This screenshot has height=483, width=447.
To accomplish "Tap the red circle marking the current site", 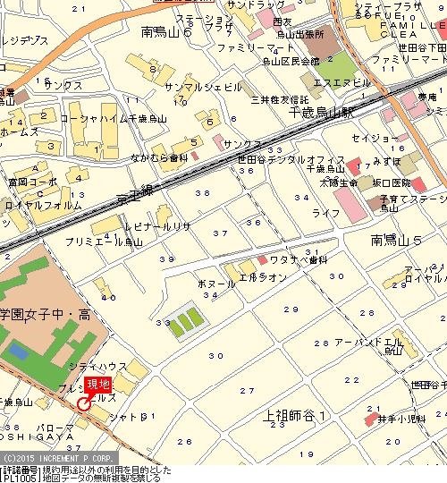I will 83,403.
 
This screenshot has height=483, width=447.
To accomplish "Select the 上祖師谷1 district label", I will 299,416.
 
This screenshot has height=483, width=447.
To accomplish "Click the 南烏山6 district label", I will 173,32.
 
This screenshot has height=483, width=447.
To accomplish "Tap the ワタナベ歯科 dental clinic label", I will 295,260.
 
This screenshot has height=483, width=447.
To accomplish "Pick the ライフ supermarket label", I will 326,213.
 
